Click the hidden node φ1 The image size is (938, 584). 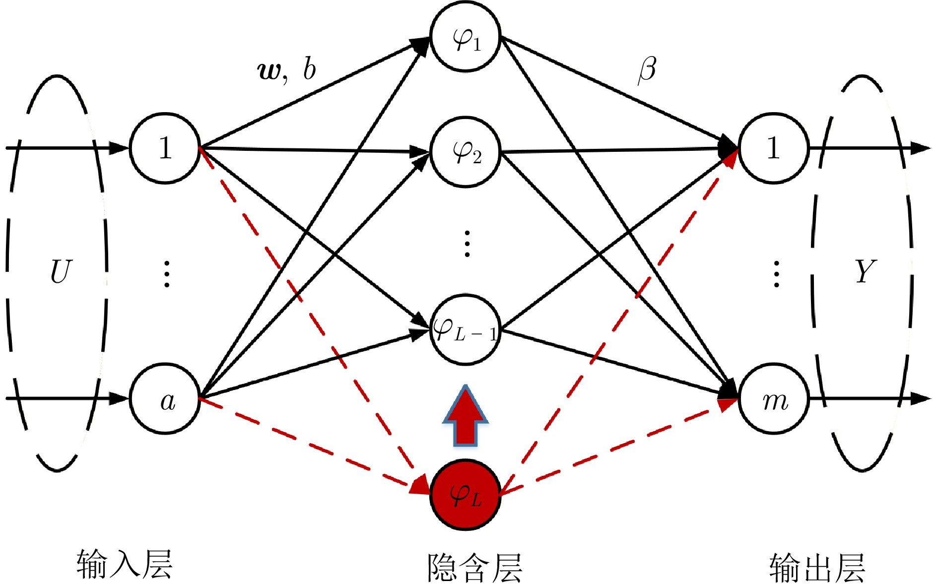(x=465, y=37)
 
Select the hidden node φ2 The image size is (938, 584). (x=465, y=151)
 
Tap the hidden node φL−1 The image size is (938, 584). (x=465, y=329)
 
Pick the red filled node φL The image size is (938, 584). (x=465, y=494)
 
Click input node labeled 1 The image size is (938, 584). (x=165, y=148)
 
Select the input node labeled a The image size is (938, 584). (x=165, y=398)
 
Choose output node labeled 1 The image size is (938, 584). (x=773, y=148)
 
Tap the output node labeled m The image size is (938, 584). (x=773, y=398)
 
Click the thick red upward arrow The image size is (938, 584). (x=465, y=416)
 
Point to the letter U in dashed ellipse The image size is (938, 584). (x=61, y=271)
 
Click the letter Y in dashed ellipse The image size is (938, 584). (x=865, y=271)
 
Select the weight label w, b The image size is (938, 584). (x=287, y=69)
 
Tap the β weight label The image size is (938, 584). (x=647, y=70)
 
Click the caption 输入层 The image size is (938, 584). (x=125, y=565)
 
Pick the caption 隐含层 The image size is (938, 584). (x=475, y=567)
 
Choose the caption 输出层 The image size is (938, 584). (x=817, y=567)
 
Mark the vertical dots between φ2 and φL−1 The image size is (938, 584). (x=467, y=244)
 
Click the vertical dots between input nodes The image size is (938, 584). (x=167, y=273)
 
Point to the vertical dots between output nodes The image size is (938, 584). (x=776, y=273)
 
